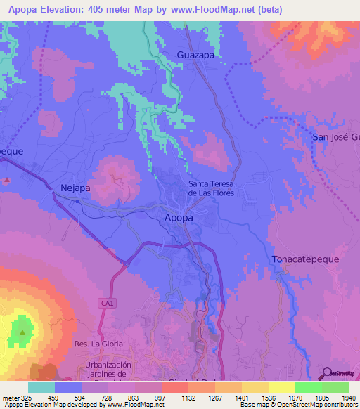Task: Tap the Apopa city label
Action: (179, 218)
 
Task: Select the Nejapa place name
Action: (77, 188)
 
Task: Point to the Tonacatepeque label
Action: (305, 259)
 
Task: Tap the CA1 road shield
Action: (103, 302)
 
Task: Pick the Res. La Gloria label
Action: (98, 344)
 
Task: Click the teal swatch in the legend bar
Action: (41, 387)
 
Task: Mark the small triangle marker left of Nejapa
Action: (6, 181)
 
